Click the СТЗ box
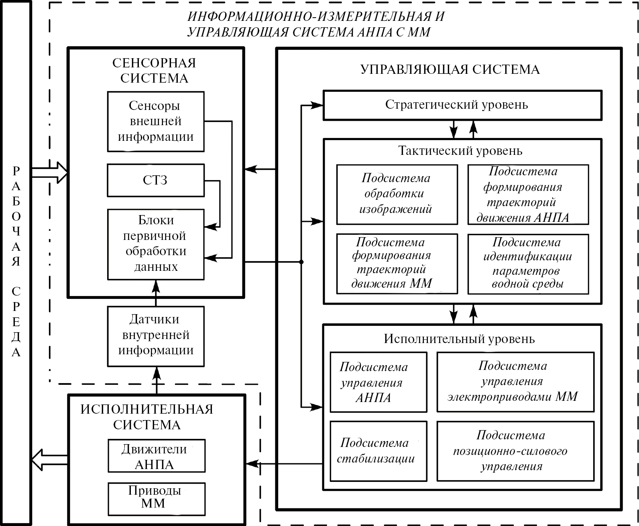155,180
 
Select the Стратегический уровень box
462,105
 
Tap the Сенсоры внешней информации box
155,121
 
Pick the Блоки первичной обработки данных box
155,244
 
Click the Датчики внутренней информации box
155,336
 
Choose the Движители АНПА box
156,456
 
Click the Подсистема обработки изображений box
397,194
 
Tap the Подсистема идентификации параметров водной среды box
528,264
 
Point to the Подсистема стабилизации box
378,451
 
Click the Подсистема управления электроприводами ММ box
515,382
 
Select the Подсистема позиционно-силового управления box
515,451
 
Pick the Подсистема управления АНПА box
378,382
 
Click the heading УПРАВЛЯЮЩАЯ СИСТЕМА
450,69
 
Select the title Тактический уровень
460,151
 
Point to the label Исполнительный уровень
459,339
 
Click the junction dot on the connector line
301,262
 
